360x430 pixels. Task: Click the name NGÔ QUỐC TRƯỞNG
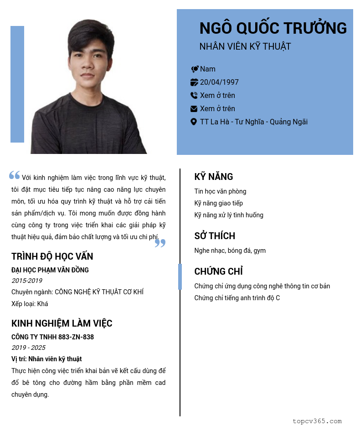click(x=273, y=28)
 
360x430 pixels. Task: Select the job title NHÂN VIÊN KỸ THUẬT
click(x=245, y=46)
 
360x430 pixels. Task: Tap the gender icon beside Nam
click(x=195, y=69)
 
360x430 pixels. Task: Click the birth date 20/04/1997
click(x=219, y=82)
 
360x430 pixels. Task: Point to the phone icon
click(x=194, y=96)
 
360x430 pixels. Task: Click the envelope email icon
click(x=194, y=109)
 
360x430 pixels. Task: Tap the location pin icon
click(x=194, y=122)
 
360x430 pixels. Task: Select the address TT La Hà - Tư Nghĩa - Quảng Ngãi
click(x=254, y=122)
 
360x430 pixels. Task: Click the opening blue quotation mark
click(x=15, y=175)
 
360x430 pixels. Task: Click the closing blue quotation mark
click(x=160, y=243)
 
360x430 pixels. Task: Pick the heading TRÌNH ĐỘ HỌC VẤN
click(x=52, y=256)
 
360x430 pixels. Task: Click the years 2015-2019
click(x=27, y=281)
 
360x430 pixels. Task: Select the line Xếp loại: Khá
click(x=30, y=304)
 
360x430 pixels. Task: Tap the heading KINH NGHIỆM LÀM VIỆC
click(x=62, y=324)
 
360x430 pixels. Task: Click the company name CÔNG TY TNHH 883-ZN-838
click(x=52, y=337)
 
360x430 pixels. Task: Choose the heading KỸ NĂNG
click(x=214, y=177)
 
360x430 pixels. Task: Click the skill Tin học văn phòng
click(x=220, y=191)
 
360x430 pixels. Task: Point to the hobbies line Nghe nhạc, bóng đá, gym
click(x=230, y=251)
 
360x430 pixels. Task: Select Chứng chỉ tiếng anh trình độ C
click(x=237, y=298)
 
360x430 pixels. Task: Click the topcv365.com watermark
click(x=317, y=421)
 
